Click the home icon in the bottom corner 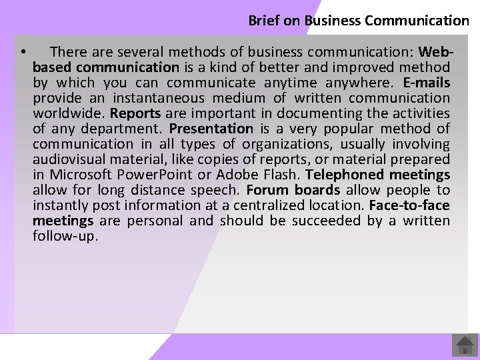(464, 345)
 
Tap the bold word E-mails (427, 83)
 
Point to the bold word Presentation (211, 129)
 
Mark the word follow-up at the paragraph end (65, 236)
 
